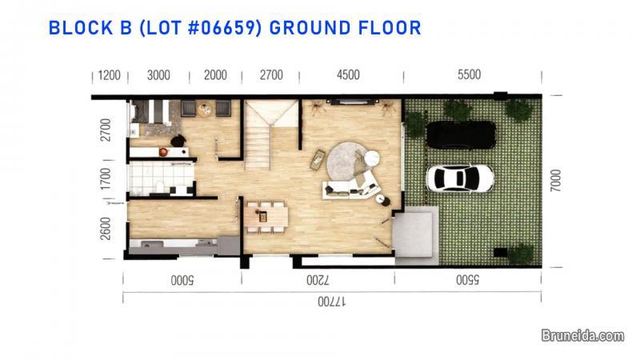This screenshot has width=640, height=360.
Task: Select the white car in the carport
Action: (x=459, y=178)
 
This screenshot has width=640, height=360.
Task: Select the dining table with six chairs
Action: (x=267, y=214)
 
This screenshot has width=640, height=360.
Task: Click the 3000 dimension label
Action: (x=158, y=76)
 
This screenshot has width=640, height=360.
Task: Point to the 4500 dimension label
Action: (x=348, y=76)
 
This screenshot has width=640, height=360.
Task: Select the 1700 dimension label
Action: (x=106, y=178)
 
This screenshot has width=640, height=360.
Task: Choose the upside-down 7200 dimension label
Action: (x=316, y=281)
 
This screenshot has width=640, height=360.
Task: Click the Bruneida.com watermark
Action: (x=582, y=337)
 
